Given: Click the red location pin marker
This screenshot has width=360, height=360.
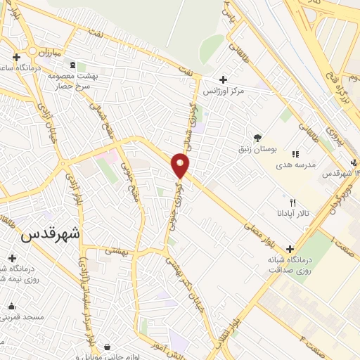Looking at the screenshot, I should click(181, 166).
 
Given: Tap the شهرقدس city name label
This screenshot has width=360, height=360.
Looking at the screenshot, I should click(50, 234).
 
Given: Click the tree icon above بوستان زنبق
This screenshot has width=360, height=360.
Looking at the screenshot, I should click(257, 138).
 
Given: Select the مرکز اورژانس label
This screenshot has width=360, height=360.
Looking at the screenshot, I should click(223, 92).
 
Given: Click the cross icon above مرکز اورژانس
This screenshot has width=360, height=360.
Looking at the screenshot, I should click(223, 79).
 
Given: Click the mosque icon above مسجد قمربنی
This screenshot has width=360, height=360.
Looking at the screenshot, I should click(12, 307).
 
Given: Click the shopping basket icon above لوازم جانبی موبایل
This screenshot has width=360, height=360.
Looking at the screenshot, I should click(106, 347).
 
